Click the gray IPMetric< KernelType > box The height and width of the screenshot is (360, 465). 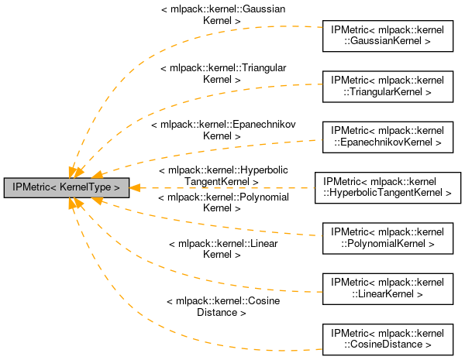(66, 187)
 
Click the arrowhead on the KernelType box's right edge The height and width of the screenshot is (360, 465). (134, 187)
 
